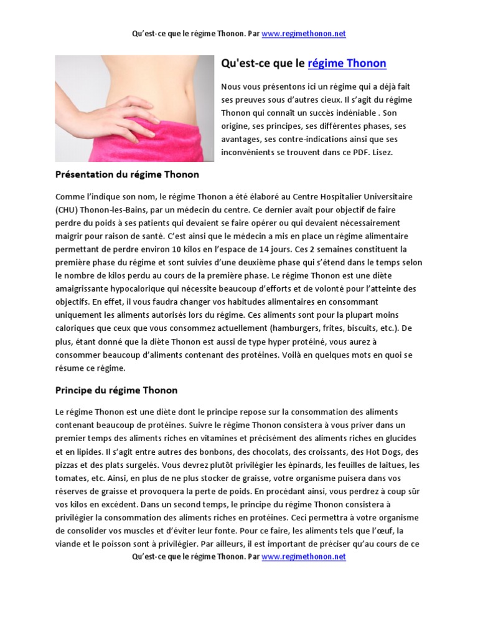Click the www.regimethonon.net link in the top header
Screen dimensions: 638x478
(x=303, y=34)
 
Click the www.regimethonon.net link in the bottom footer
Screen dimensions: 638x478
(x=303, y=556)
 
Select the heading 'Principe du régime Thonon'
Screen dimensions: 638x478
(x=116, y=390)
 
